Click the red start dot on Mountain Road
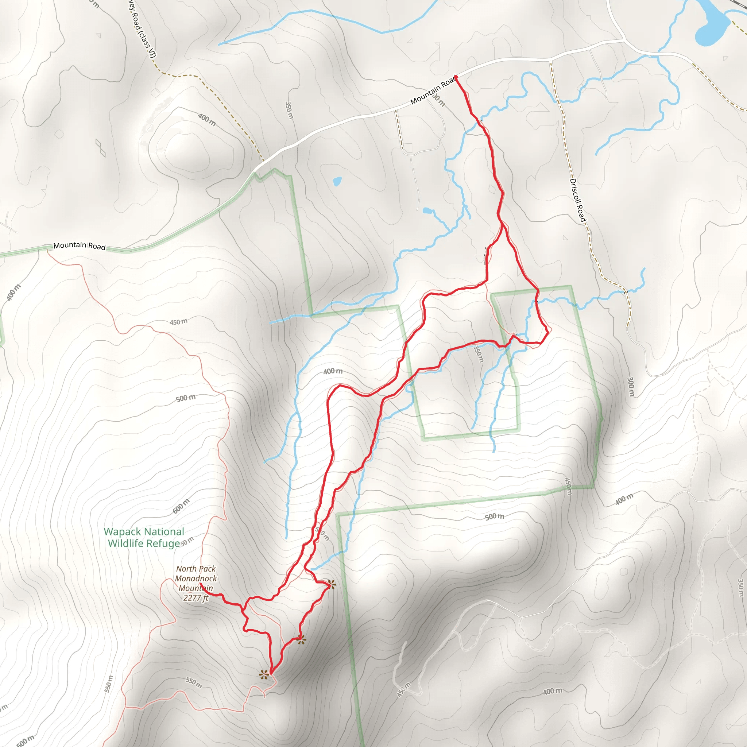click(x=456, y=78)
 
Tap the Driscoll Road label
click(x=578, y=200)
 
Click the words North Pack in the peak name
click(x=196, y=569)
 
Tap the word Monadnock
click(x=196, y=578)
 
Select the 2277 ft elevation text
click(x=196, y=598)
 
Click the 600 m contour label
click(x=181, y=506)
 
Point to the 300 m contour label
click(x=631, y=386)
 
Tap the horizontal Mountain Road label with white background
click(x=79, y=245)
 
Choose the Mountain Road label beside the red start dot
click(x=432, y=92)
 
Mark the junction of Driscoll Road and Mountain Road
click(x=550, y=60)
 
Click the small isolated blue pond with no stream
click(x=337, y=181)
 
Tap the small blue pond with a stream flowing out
click(x=427, y=211)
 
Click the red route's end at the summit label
click(x=200, y=584)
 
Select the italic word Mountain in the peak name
click(x=196, y=588)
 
